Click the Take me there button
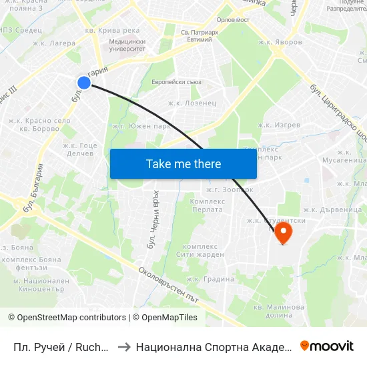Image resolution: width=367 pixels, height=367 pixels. click(183, 163)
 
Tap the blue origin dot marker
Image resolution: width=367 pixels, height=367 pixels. click(83, 82)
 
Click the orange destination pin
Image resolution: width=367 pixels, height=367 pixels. click(283, 232)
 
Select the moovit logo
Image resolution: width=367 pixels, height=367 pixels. click(327, 346)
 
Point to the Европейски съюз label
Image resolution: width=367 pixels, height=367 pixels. click(177, 82)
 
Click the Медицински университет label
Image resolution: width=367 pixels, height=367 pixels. click(126, 45)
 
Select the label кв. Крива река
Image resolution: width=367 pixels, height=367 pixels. click(112, 30)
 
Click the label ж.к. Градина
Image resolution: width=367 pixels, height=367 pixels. click(210, 279)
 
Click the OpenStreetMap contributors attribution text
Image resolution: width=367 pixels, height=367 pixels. click(66, 318)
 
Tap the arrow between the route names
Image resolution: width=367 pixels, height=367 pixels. click(123, 346)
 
